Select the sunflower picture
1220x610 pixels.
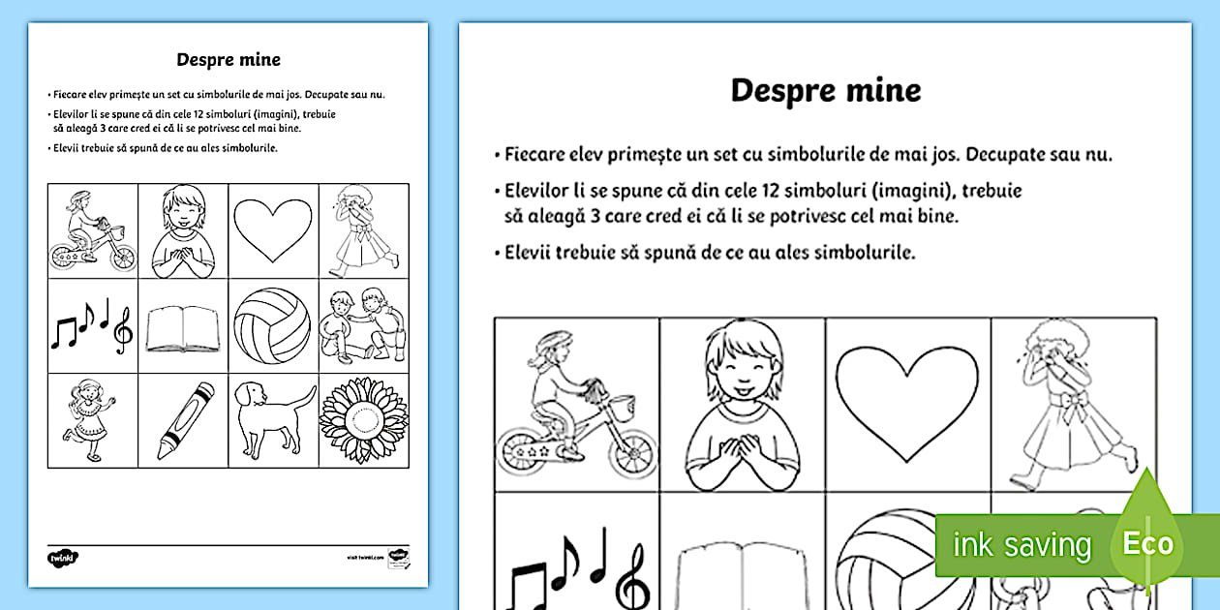point(363,421)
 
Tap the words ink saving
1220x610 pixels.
point(1022,545)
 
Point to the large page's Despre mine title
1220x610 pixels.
point(825,90)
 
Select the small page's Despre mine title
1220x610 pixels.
point(229,59)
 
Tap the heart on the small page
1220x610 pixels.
point(273,229)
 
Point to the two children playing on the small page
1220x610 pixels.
point(363,324)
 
